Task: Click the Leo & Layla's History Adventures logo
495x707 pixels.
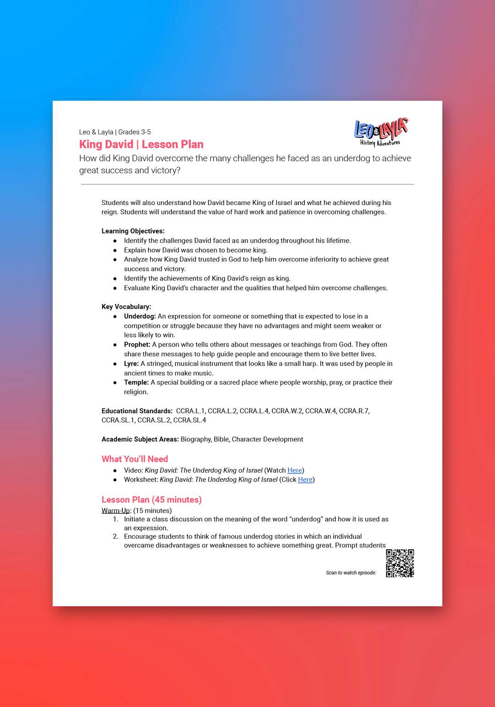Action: [x=380, y=132]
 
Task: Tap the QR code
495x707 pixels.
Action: [x=400, y=563]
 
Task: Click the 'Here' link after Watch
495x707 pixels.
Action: [x=295, y=470]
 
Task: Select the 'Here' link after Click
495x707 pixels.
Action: [x=305, y=480]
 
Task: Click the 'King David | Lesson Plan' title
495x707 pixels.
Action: [x=141, y=144]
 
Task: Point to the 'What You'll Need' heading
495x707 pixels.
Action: [x=135, y=459]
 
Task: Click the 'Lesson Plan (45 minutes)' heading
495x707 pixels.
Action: [x=152, y=500]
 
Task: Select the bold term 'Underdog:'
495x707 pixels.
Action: [x=140, y=316]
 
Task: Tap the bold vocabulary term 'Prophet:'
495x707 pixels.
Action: [x=137, y=345]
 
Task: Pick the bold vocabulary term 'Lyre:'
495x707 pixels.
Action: [x=131, y=364]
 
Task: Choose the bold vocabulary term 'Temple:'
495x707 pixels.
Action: [x=136, y=382]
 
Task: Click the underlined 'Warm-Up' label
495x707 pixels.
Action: [x=116, y=511]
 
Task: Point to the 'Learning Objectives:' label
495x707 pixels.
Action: [x=133, y=231]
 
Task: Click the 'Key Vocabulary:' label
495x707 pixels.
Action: [x=126, y=307]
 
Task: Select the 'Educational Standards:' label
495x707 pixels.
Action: [x=137, y=411]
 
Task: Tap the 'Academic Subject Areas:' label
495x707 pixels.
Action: [x=140, y=439]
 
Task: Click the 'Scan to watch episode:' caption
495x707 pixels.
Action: [x=351, y=573]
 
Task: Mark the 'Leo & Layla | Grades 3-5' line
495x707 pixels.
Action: [x=115, y=132]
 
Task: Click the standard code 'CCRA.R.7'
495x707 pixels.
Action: [x=354, y=411]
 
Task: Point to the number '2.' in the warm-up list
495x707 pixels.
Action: [x=115, y=536]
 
